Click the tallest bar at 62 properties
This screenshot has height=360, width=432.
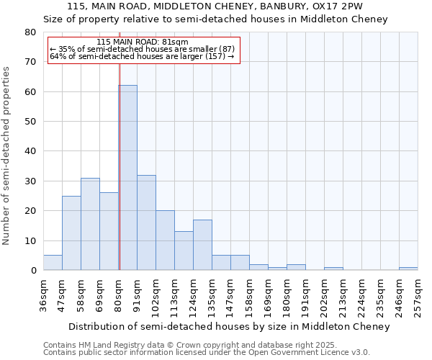[x=127, y=178]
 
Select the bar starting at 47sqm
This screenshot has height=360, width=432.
[x=71, y=233]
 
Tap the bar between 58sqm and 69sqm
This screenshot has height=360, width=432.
[x=90, y=224]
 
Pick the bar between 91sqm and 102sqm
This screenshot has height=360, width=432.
[x=146, y=222]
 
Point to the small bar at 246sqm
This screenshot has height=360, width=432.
[x=408, y=269]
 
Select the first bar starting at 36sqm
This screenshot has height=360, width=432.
[x=53, y=263]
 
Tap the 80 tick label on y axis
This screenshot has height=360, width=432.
[x=30, y=32]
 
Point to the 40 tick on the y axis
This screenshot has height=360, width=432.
[x=30, y=151]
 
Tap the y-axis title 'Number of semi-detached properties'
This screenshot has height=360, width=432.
[x=7, y=155]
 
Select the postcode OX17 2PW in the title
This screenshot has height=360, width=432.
[x=342, y=6]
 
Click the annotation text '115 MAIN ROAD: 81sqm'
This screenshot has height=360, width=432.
[x=142, y=42]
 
